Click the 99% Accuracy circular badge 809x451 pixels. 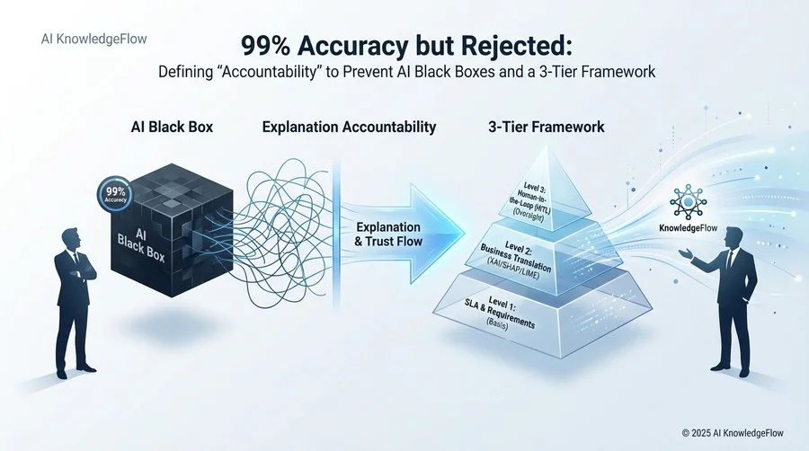pyautogui.click(x=115, y=194)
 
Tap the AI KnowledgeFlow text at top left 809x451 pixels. pyautogui.click(x=93, y=40)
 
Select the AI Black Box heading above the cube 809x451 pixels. pyautogui.click(x=172, y=127)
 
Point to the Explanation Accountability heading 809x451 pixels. pyautogui.click(x=350, y=127)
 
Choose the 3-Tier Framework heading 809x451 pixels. pyautogui.click(x=547, y=127)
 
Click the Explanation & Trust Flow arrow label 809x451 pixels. pyautogui.click(x=388, y=234)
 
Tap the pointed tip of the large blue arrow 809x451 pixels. pyautogui.click(x=464, y=233)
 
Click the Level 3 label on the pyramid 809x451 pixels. pyautogui.click(x=532, y=201)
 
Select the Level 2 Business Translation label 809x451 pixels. pyautogui.click(x=515, y=261)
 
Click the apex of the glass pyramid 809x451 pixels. pyautogui.click(x=547, y=145)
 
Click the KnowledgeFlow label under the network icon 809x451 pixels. pyautogui.click(x=689, y=228)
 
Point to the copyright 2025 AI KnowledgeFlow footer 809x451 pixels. pyautogui.click(x=733, y=433)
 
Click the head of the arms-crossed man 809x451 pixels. pyautogui.click(x=71, y=239)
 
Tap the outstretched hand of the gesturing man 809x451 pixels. pyautogui.click(x=685, y=252)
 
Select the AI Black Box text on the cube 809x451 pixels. pyautogui.click(x=141, y=245)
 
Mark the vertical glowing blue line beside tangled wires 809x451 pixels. pyautogui.click(x=336, y=232)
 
